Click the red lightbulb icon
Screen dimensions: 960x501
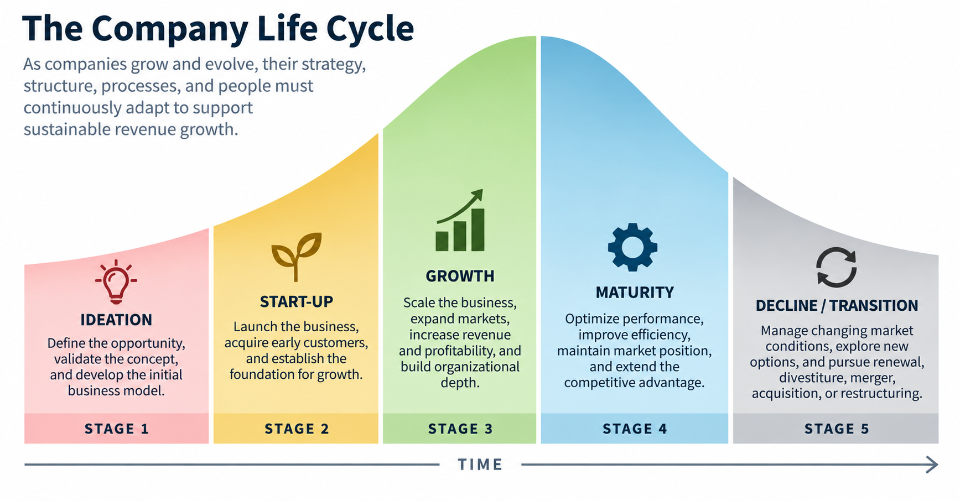click(116, 281)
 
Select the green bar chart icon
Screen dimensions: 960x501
click(460, 221)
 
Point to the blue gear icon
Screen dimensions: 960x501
click(632, 247)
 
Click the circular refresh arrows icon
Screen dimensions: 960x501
click(836, 268)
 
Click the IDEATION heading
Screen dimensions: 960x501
click(116, 320)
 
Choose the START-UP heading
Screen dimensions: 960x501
click(297, 301)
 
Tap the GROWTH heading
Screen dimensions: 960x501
click(460, 276)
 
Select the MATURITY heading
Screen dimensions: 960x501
click(635, 292)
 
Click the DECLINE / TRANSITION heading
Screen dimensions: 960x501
click(837, 305)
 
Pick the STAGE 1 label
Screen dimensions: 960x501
click(117, 429)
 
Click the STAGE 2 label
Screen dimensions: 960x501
click(297, 429)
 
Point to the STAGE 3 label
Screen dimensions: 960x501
click(460, 429)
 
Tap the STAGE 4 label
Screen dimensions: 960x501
click(635, 429)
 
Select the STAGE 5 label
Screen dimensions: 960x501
click(837, 429)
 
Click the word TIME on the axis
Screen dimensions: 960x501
click(480, 465)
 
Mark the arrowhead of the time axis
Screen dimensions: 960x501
click(932, 465)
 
